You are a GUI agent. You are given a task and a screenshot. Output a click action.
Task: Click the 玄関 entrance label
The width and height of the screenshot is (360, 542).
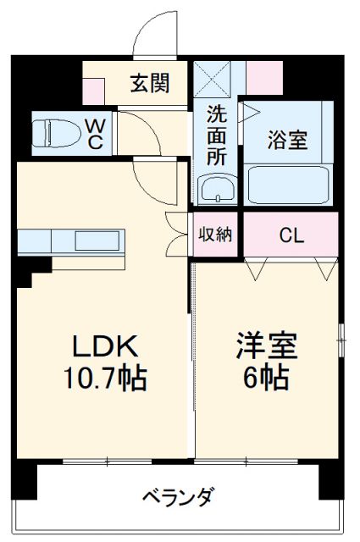[x=150, y=84]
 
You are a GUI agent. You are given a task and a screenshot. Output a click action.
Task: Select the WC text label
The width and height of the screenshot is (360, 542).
[x=94, y=135]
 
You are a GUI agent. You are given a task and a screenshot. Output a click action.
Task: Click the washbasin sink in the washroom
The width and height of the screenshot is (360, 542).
[x=218, y=188]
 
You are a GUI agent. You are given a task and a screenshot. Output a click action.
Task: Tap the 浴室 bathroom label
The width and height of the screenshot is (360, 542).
[x=287, y=140]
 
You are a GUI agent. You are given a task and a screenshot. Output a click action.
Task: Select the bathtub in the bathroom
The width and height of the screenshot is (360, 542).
[x=288, y=185]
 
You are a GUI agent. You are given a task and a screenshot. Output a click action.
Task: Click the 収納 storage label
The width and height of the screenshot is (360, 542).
[x=215, y=235]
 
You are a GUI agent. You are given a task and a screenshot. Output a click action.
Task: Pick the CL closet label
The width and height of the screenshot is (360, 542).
[x=291, y=235]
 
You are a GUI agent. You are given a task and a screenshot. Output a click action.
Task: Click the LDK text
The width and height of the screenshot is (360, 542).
[x=105, y=346]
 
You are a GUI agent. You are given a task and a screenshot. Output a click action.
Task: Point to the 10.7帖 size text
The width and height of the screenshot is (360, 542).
[x=105, y=379]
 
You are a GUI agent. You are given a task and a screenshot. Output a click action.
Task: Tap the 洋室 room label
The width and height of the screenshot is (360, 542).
[x=267, y=346]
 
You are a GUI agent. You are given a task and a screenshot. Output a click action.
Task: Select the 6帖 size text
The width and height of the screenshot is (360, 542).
[x=266, y=378]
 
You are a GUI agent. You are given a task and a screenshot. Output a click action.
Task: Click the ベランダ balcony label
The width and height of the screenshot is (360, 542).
[x=179, y=496]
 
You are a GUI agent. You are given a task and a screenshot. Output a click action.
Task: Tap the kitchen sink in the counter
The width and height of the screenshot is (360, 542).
[x=97, y=241]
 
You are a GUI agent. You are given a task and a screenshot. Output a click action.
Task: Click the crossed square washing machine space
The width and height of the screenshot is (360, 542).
[x=212, y=79]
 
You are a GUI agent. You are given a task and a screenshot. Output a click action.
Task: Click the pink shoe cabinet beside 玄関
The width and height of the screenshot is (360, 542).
[x=93, y=91]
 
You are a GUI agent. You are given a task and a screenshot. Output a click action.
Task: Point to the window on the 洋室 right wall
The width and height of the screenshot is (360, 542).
[x=341, y=340]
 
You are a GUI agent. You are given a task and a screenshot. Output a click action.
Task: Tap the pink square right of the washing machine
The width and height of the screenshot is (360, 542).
[x=264, y=78]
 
